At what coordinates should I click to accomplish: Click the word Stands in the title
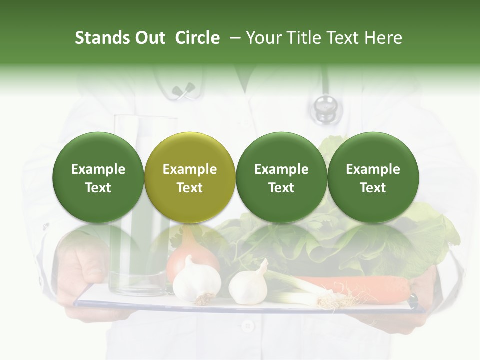[x=102, y=38]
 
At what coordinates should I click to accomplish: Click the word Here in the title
[x=384, y=38]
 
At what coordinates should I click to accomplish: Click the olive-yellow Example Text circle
[x=190, y=178]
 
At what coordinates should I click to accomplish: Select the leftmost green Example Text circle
[x=98, y=178]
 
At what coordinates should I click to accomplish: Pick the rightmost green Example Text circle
[x=373, y=178]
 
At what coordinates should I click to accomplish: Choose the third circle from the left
[x=281, y=178]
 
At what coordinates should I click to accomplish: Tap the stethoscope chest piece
[x=325, y=107]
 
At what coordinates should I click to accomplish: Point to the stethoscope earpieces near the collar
[x=183, y=90]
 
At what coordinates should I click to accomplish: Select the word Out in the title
[x=150, y=38]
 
